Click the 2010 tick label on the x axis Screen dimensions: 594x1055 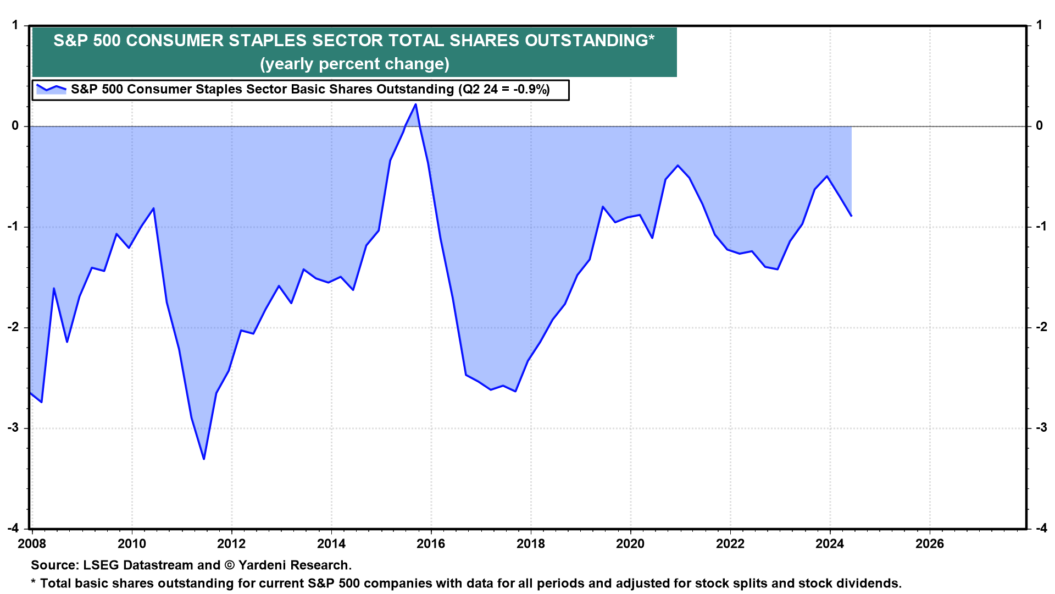[x=132, y=544]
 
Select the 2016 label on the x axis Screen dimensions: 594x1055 [x=431, y=544]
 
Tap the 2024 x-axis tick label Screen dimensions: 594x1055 [x=830, y=544]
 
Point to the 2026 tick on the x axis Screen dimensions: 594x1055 [x=929, y=544]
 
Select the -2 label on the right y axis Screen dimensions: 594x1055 [x=1041, y=327]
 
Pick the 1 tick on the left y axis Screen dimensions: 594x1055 [x=15, y=25]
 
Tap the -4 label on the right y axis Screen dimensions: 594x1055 [x=1041, y=529]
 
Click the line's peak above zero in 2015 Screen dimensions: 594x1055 [x=415, y=104]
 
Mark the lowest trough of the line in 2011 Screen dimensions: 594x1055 [x=204, y=459]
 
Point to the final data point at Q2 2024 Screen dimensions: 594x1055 [x=851, y=216]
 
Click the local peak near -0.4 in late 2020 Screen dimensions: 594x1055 [x=678, y=165]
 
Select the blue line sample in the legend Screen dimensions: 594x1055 [x=51, y=89]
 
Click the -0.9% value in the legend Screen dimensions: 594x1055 [x=531, y=90]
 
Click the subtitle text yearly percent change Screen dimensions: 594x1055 [x=354, y=64]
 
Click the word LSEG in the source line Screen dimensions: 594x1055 [x=101, y=565]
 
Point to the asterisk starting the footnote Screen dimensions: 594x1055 [x=34, y=582]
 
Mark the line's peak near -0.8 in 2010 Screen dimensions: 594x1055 [x=153, y=208]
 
